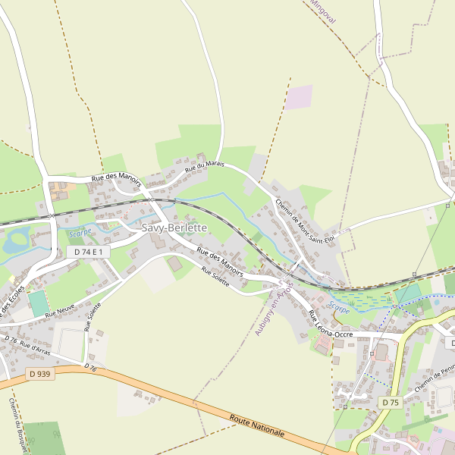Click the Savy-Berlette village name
[x=174, y=227]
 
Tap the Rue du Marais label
[x=205, y=163]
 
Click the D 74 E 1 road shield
[x=89, y=251]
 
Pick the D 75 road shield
[x=390, y=402]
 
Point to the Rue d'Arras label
[x=36, y=347]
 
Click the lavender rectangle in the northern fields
[x=299, y=96]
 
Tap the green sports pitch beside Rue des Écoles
[x=38, y=304]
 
